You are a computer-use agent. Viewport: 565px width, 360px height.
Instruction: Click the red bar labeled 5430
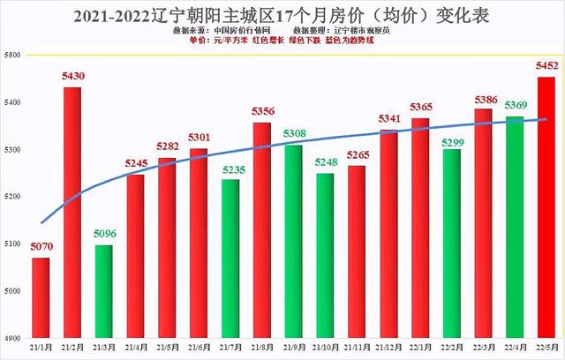click(72, 212)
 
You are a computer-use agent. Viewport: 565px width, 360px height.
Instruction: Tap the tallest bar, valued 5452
click(546, 207)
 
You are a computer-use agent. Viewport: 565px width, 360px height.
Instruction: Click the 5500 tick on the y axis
click(13, 55)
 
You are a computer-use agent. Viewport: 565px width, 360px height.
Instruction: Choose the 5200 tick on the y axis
click(13, 197)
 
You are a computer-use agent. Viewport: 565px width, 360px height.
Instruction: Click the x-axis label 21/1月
click(41, 348)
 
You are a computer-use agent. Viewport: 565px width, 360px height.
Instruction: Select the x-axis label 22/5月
click(546, 348)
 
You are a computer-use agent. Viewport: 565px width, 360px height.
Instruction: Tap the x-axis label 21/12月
click(388, 348)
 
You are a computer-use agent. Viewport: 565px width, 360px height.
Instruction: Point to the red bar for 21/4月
click(136, 256)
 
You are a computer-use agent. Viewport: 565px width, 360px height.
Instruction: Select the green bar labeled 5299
click(452, 244)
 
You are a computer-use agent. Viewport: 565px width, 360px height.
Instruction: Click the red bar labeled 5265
click(357, 251)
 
